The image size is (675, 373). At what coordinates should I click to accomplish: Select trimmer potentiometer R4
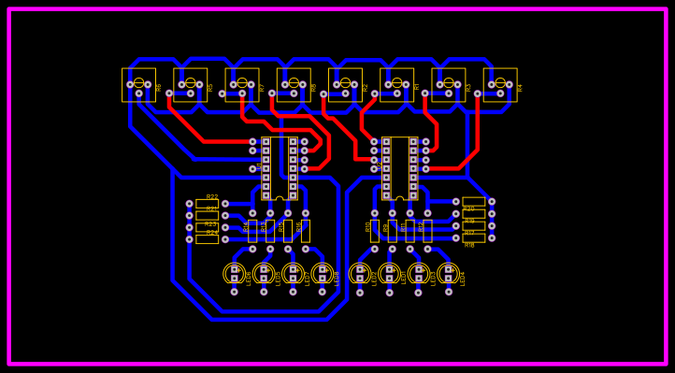[x=500, y=84]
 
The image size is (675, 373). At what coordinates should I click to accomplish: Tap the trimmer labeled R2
[x=345, y=84]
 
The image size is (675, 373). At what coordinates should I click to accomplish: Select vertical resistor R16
[x=305, y=231]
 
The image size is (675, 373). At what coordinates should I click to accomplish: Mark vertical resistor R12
[x=427, y=231]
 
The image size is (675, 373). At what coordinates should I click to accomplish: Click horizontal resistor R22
[x=207, y=204]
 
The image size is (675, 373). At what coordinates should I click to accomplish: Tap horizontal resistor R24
[x=207, y=239]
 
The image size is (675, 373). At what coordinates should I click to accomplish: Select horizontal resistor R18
[x=474, y=237]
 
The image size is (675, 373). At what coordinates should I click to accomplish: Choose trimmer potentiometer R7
[x=242, y=84]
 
